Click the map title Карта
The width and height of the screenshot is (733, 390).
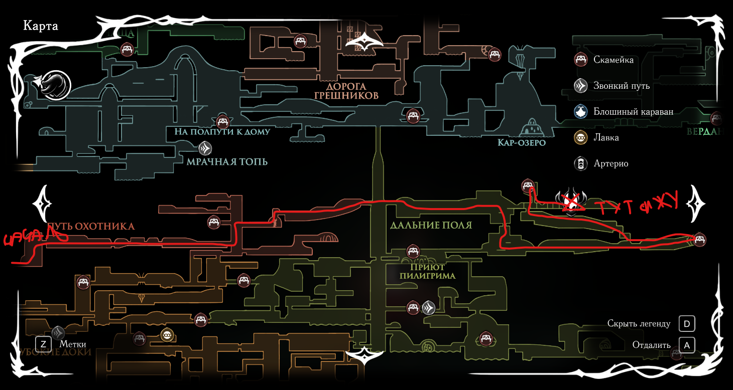tap(41, 26)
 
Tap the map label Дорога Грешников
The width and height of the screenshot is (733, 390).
tap(346, 90)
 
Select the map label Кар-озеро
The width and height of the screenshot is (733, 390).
tap(521, 143)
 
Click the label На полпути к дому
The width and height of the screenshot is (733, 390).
tap(222, 132)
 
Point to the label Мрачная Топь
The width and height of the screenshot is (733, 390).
tap(227, 161)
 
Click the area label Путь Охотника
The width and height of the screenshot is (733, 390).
tap(90, 226)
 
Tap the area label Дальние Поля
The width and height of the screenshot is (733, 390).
tap(431, 225)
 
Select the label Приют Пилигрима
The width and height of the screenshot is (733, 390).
tap(428, 271)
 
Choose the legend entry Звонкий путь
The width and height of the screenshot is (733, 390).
tap(621, 86)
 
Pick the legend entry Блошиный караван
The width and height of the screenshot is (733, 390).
tap(633, 112)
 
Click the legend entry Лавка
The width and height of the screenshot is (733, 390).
tap(606, 137)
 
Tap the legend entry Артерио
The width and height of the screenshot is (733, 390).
tap(610, 163)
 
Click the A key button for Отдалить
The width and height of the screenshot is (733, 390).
tap(687, 345)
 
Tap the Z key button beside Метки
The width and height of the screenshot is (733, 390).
tap(44, 344)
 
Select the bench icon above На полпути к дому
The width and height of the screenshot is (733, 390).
tap(222, 121)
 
